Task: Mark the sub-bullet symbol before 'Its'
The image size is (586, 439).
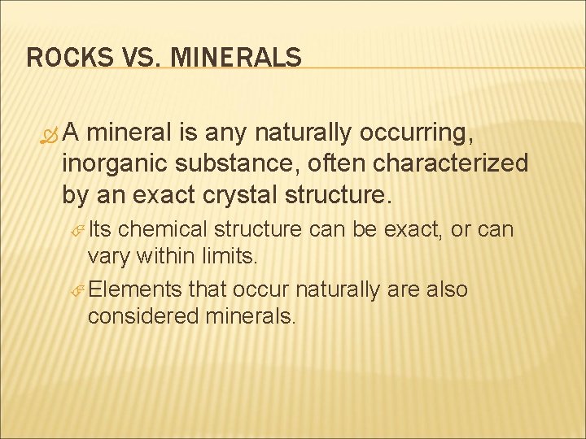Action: pyautogui.click(x=78, y=231)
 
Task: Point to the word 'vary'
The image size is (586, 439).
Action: pyautogui.click(x=107, y=258)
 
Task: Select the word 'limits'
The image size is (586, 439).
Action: pyautogui.click(x=228, y=258)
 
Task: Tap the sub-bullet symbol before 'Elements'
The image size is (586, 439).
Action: pyautogui.click(x=78, y=290)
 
